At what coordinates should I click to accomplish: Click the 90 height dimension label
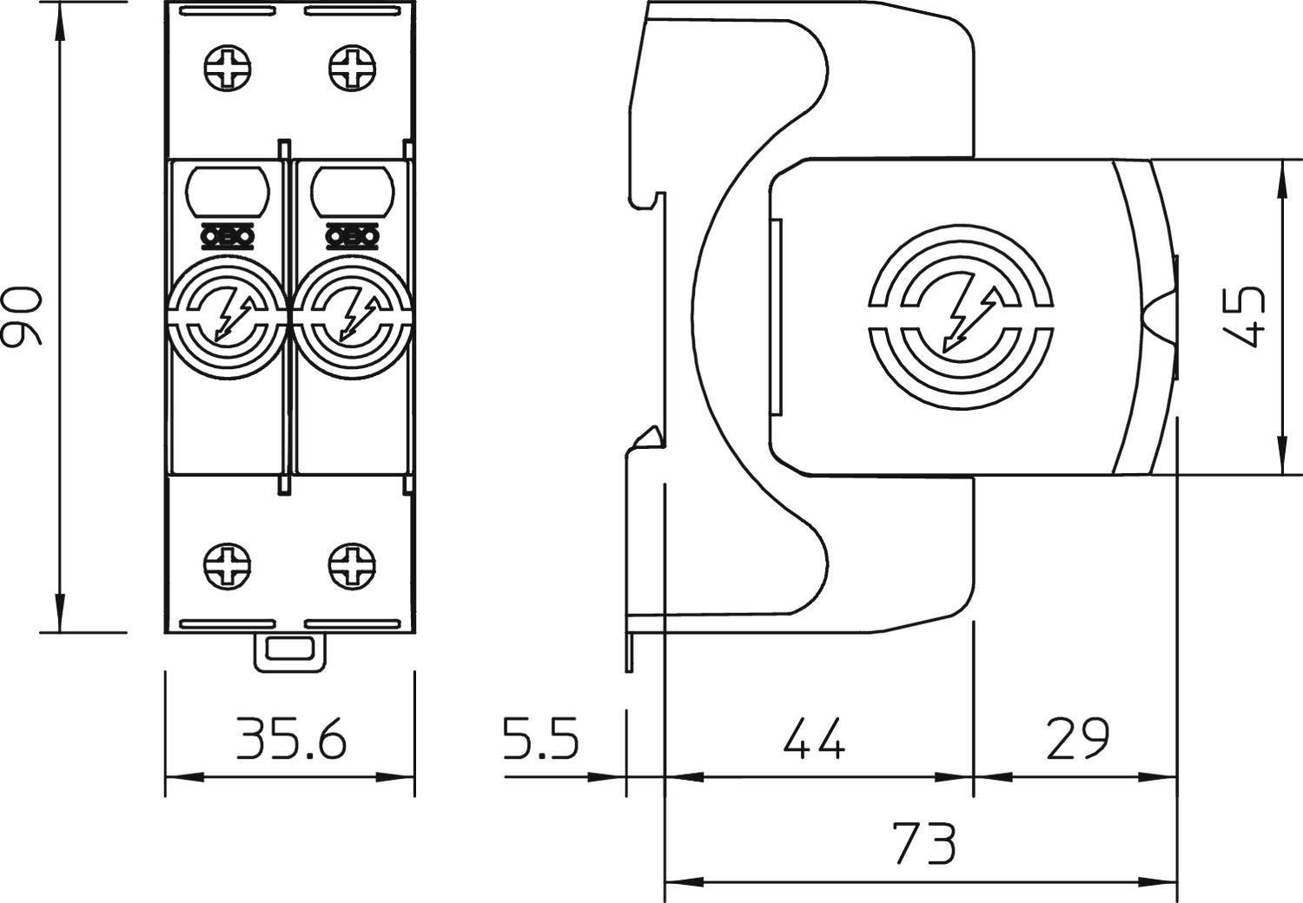click(x=23, y=318)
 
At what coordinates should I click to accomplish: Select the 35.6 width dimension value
click(x=291, y=740)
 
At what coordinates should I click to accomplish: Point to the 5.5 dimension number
click(x=540, y=740)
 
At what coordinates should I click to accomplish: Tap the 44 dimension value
click(x=814, y=740)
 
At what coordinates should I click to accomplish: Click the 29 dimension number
click(x=1077, y=740)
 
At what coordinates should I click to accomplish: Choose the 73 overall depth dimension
click(x=923, y=843)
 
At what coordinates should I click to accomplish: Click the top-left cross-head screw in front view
click(x=228, y=67)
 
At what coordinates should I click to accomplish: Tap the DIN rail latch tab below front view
click(x=291, y=651)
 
